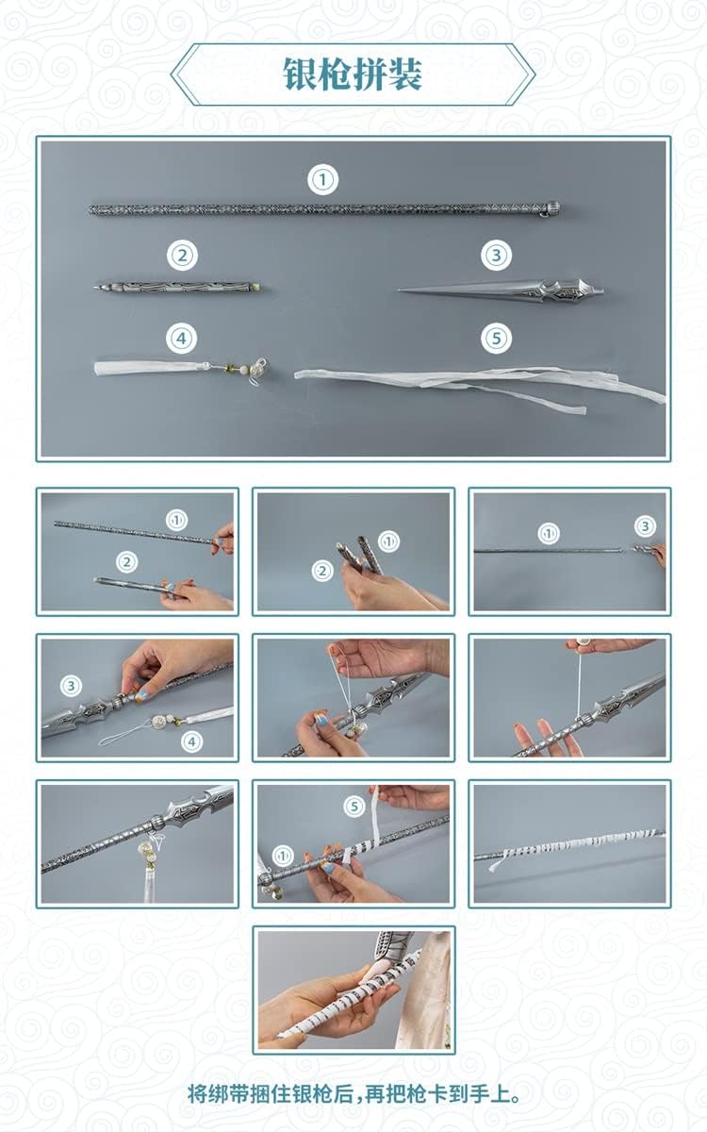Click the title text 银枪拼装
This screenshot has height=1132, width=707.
[x=353, y=75]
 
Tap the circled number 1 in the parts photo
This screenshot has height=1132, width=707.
[x=322, y=179]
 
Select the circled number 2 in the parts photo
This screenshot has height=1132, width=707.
[x=182, y=256]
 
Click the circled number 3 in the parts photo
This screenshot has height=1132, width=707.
[x=496, y=256]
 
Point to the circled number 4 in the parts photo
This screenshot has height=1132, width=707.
[x=182, y=338]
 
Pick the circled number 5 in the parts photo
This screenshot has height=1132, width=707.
[x=496, y=338]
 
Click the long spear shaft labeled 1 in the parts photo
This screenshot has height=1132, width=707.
[x=324, y=209]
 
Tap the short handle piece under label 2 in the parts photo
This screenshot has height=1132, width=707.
[x=177, y=288]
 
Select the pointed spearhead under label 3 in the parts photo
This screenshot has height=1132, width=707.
[x=501, y=291]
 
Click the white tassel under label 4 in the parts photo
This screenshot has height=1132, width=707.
[x=180, y=369]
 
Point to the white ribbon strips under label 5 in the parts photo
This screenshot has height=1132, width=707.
[x=480, y=385]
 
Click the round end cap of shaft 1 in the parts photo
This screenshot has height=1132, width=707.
[x=553, y=208]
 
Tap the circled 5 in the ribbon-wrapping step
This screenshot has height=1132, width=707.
[x=354, y=806]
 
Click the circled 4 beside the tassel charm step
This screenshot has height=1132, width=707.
[x=191, y=741]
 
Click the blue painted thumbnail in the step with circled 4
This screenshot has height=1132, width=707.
[x=140, y=695]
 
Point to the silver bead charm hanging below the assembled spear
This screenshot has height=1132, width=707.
[x=144, y=847]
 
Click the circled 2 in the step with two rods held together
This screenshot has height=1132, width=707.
[x=321, y=571]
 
